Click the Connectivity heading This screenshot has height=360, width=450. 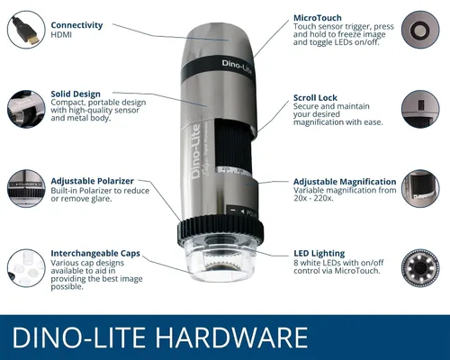coord(76,25)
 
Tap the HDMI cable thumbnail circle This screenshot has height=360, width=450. coord(26,30)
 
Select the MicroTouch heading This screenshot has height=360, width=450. coord(318,18)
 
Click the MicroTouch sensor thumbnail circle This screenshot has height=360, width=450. coord(420,30)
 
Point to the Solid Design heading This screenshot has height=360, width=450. coord(76,94)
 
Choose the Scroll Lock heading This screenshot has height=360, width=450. coord(315,98)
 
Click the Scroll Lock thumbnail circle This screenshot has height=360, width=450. coord(420,109)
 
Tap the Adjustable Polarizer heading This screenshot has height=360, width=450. coord(92,181)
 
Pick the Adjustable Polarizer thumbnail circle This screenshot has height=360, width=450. coord(26,188)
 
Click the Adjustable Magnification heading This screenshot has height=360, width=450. coord(345,182)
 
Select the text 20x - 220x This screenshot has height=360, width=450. coord(313,198)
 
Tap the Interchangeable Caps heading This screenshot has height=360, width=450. coord(95,254)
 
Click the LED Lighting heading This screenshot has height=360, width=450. coord(319,254)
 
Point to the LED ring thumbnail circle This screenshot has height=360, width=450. coord(420,268)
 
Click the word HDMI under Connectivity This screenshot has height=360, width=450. coord(61,35)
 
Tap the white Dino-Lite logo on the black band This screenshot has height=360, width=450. coord(237,67)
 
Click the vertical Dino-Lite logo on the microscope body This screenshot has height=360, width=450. coord(196,151)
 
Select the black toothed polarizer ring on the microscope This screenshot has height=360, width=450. coord(220,229)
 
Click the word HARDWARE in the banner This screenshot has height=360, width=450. coord(232,337)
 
